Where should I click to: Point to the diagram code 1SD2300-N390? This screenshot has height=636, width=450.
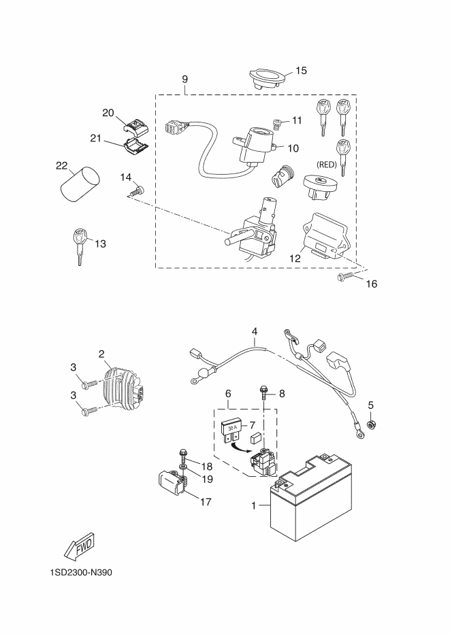(x=80, y=572)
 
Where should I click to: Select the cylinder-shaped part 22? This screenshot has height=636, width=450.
(x=79, y=182)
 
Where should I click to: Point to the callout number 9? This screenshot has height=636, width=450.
(x=185, y=80)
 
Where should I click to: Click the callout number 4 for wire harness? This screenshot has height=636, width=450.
(x=255, y=333)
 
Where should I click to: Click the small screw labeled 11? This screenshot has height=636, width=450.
(x=277, y=122)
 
